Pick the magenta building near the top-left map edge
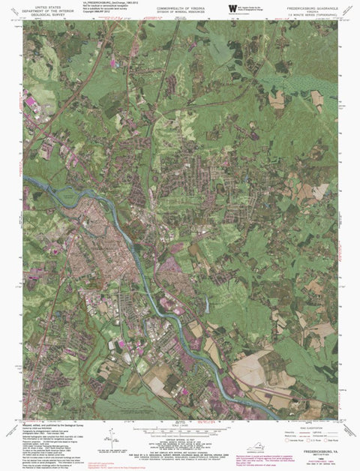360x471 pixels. (x=31, y=100)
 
